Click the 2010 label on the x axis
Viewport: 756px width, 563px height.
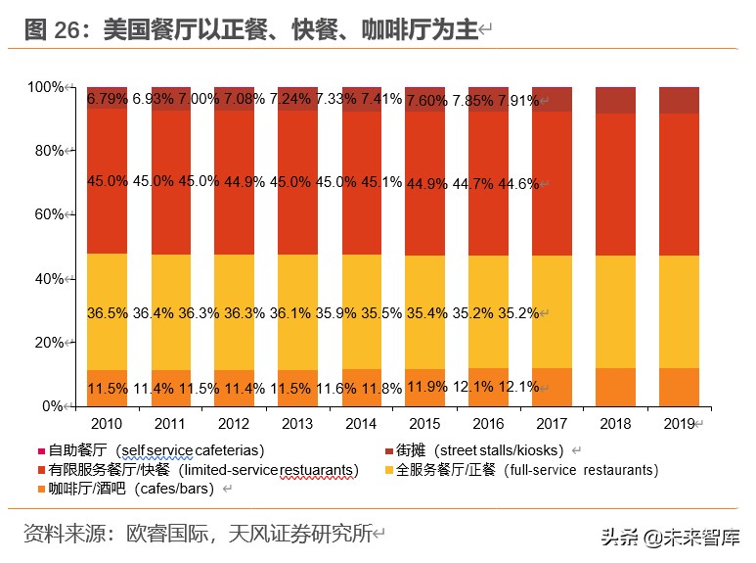tap(106, 424)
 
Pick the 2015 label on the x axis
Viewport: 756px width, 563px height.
tap(424, 424)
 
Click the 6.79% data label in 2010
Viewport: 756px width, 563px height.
tap(107, 100)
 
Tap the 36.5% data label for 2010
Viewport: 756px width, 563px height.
tap(107, 312)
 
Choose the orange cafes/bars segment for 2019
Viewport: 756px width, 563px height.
tap(679, 387)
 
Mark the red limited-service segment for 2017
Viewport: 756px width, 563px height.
tap(552, 182)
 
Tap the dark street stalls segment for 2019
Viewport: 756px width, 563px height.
tap(679, 100)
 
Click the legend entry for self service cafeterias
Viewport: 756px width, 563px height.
tap(156, 450)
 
